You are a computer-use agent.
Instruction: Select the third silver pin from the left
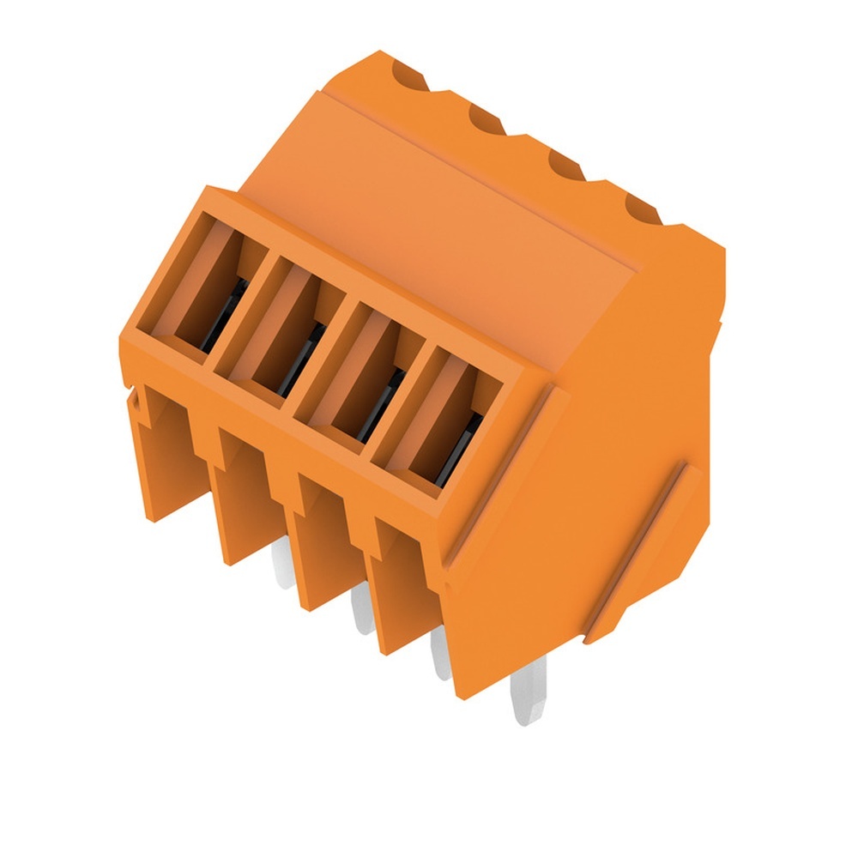tap(440, 656)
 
